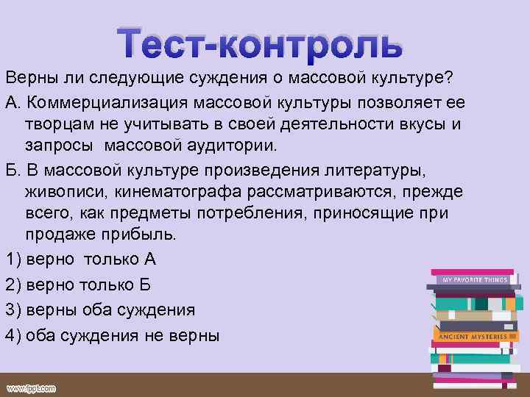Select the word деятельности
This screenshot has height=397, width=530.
click(296, 123)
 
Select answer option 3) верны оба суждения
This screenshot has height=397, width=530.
click(100, 309)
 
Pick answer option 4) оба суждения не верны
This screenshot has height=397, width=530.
click(113, 335)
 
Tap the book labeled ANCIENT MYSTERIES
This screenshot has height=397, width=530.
click(473, 335)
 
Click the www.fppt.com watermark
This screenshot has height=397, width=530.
click(32, 387)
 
